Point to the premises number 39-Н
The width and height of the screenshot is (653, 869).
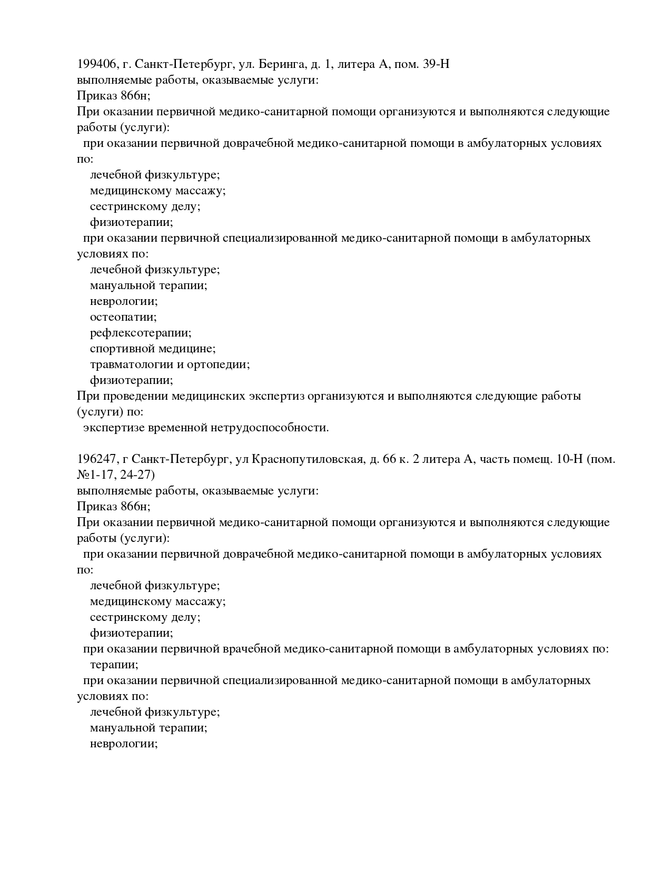point(436,64)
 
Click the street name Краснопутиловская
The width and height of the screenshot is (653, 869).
point(308,459)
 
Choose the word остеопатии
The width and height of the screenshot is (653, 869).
point(123,317)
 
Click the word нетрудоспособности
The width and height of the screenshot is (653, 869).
point(270,428)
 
